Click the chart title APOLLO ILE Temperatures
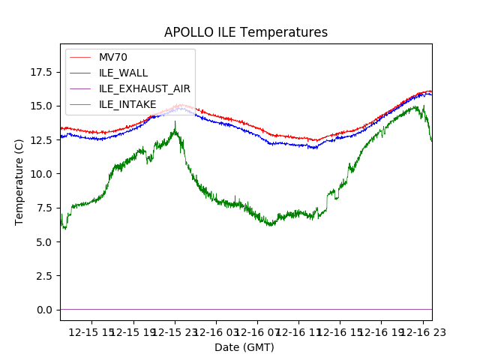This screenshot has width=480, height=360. (246, 33)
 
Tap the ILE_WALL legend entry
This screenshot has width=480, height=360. (123, 73)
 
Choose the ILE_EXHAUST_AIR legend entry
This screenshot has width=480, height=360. (145, 88)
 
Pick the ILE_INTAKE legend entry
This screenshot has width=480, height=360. (127, 104)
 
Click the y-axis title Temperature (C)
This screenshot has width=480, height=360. (19, 181)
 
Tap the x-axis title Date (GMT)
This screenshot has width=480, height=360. (244, 347)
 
